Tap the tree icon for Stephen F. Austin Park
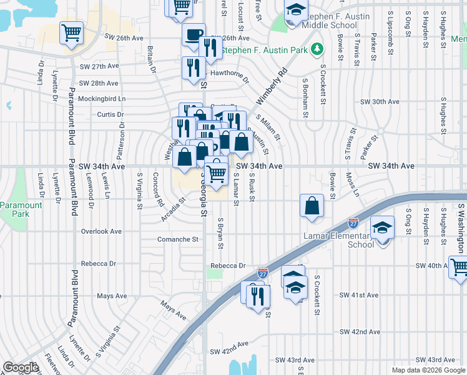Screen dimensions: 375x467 [317, 49]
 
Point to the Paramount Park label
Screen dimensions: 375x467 [21, 209]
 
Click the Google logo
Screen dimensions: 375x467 [21, 367]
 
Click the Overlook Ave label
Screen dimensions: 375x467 [101, 231]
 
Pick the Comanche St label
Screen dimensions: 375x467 [177, 239]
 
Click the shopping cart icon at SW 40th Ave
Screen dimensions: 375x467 [459, 266]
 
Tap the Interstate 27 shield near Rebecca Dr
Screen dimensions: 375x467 [263, 273]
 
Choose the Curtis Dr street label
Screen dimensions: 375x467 [111, 114]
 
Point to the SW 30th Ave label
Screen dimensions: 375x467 [380, 101]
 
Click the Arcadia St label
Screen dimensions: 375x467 [174, 206]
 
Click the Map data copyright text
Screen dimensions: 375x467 [428, 370]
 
